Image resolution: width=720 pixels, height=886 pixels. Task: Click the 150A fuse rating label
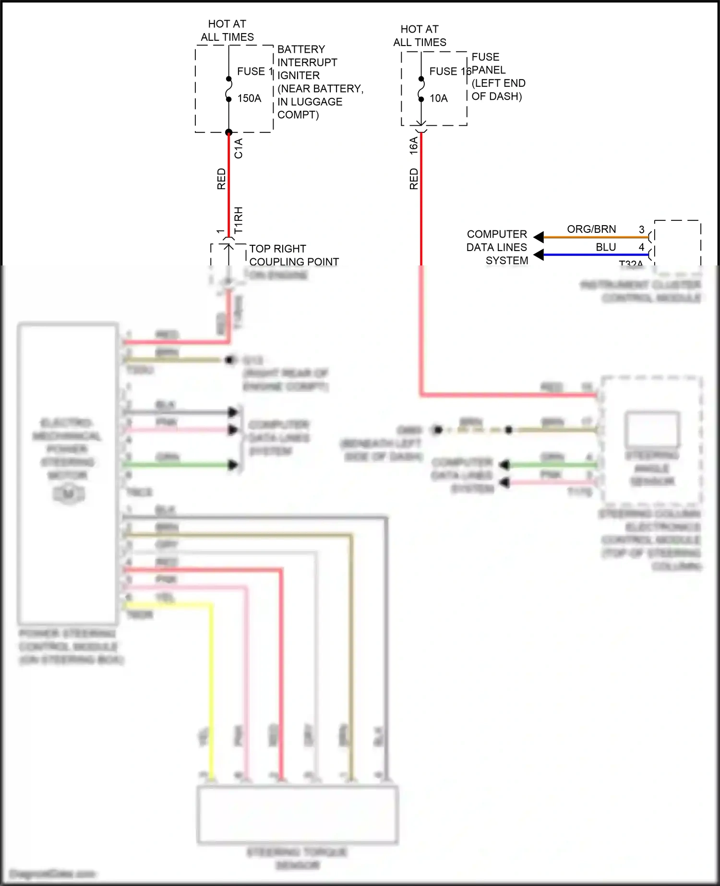click(249, 98)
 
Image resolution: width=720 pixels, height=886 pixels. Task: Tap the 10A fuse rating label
click(438, 98)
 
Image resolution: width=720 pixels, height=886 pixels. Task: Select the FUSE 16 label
click(450, 72)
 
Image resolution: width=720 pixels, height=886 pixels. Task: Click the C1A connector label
click(239, 148)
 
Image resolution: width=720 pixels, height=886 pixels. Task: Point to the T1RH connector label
click(239, 220)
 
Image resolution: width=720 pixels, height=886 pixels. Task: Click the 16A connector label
click(414, 146)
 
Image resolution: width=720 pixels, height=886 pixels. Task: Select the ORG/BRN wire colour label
click(591, 229)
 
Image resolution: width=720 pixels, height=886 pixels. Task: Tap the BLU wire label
click(606, 247)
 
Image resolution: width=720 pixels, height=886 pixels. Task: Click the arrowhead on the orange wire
click(539, 237)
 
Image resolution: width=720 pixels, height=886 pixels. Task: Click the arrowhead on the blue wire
click(539, 254)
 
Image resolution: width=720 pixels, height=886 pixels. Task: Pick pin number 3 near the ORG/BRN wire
click(641, 229)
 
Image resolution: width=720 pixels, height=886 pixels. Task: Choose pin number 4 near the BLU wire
click(641, 247)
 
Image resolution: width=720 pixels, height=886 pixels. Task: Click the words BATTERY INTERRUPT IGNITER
click(307, 62)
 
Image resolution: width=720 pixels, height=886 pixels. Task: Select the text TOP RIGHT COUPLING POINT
click(294, 255)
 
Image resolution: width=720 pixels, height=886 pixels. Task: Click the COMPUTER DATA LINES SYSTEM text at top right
click(497, 247)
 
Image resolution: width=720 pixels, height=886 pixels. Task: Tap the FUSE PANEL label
click(488, 63)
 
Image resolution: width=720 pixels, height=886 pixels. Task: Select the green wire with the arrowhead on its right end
click(178, 465)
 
